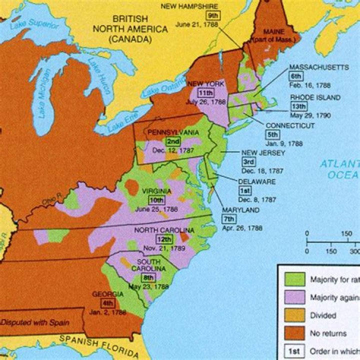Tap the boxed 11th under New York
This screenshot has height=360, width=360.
[x=205, y=93]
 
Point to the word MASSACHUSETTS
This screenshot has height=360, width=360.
[x=318, y=67]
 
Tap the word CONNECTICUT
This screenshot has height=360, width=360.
[x=290, y=125]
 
